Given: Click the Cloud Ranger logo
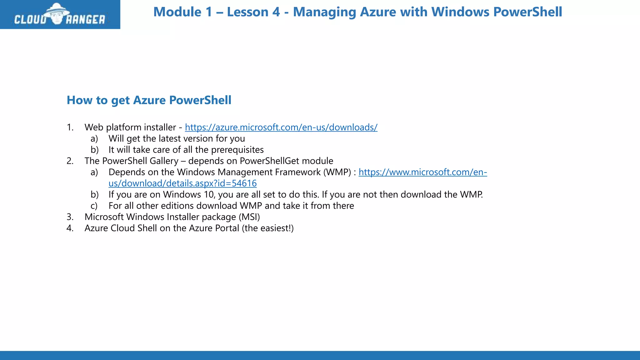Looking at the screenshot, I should [60, 15].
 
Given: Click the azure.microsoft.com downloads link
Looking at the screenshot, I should [281, 127].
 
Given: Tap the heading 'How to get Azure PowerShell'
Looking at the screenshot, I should [149, 100].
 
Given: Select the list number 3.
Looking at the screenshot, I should [70, 217].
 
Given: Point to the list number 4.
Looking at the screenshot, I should [70, 228].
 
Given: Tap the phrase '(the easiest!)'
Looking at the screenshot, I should [268, 228].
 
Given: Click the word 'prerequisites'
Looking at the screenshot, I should [237, 150].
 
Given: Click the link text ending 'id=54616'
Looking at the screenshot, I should [182, 183].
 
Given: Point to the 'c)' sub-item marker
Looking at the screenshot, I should [94, 206].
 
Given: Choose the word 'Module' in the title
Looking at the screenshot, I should [177, 12].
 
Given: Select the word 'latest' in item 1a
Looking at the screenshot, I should [169, 139].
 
